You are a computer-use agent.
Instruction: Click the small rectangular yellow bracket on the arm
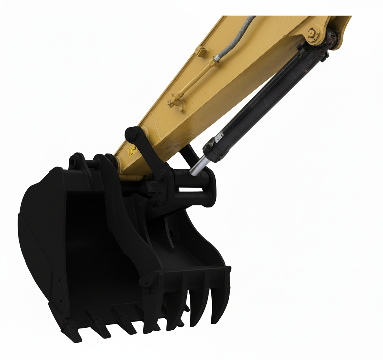(x=201, y=52)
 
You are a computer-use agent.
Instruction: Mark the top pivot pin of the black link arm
(x=131, y=134)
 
